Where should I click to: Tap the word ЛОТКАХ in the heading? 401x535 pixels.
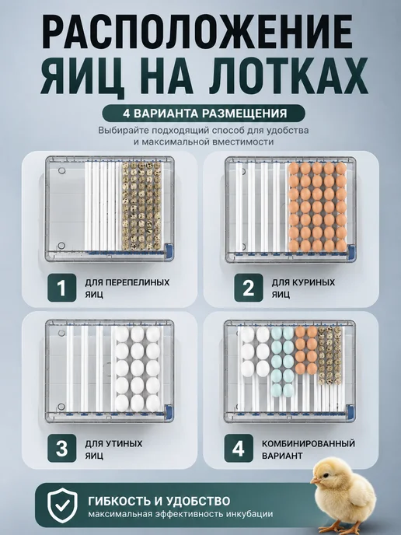[x=288, y=75]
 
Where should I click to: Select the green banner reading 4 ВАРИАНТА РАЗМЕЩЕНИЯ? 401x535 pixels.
[x=204, y=113]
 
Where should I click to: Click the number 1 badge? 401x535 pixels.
[x=61, y=288]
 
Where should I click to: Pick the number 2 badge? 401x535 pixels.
[x=248, y=288]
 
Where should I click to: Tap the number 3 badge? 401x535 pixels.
[x=61, y=449]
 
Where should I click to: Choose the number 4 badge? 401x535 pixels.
[x=239, y=449]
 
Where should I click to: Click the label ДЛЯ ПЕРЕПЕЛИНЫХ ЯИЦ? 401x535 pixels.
[x=127, y=288]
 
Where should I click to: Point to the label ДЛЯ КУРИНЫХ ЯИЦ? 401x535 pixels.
[x=303, y=288]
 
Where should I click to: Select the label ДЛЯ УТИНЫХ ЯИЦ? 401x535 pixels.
[x=113, y=449]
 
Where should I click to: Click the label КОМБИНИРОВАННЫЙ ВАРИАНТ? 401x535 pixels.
[x=309, y=449]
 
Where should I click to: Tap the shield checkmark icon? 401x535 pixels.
[x=62, y=505]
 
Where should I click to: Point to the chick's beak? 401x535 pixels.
[x=315, y=481]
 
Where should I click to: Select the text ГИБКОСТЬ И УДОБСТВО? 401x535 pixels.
[x=159, y=501]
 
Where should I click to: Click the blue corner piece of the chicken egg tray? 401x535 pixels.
[x=350, y=251]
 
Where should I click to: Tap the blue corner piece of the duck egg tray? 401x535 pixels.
[x=169, y=411]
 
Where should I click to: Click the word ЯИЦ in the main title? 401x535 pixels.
[x=82, y=75]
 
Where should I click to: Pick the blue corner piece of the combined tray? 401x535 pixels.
[x=350, y=412]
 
